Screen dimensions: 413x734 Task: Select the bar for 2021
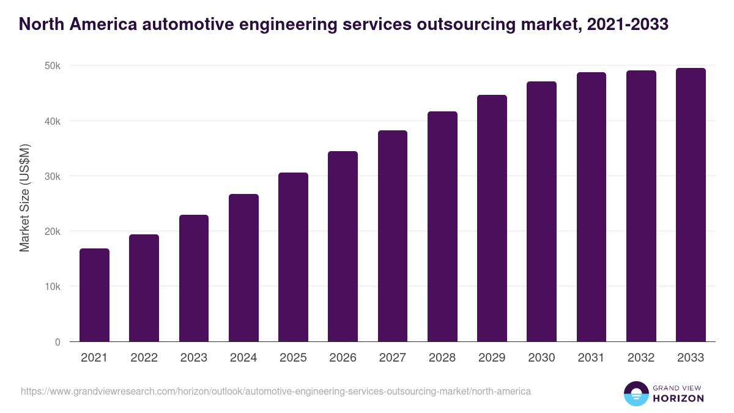tap(94, 295)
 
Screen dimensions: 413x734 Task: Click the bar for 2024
tap(243, 268)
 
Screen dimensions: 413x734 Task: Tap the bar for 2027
tap(393, 236)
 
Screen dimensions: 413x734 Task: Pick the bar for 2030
tap(541, 212)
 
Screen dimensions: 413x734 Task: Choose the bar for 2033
tap(691, 205)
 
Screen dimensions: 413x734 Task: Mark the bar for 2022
tap(144, 288)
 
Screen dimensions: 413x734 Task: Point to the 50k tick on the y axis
tap(52, 65)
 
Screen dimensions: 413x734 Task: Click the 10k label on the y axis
tap(52, 286)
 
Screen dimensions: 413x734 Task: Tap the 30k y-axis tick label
tap(52, 176)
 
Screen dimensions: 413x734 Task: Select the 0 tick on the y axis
tap(57, 342)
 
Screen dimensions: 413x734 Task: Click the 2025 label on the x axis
tap(293, 358)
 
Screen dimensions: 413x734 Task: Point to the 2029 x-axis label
tap(492, 358)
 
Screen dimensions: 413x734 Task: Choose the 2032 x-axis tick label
tap(641, 358)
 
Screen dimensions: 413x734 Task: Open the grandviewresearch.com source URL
tap(276, 391)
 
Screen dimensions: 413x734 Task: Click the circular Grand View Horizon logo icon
tap(636, 393)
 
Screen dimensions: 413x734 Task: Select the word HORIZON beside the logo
tap(679, 398)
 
